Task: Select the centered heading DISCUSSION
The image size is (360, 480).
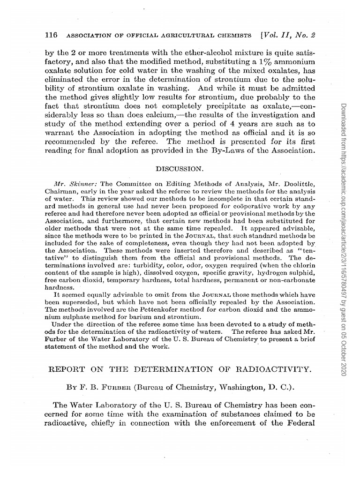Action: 180,167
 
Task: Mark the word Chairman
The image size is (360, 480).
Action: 64,190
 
